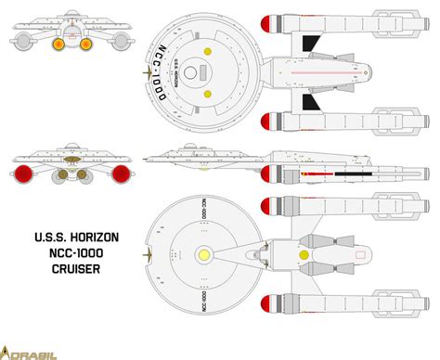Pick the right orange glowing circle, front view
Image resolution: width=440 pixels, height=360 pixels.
tap(85, 44)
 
